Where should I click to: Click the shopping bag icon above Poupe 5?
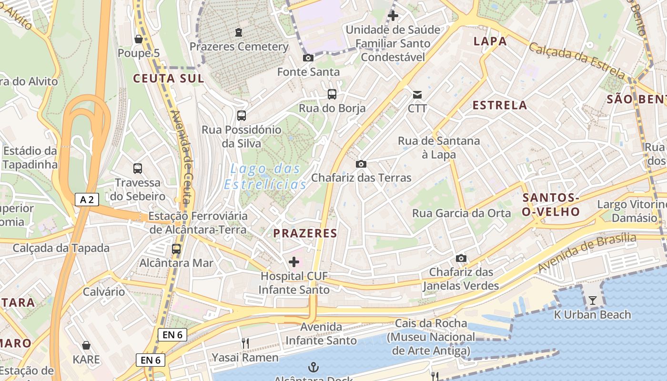point(139,39)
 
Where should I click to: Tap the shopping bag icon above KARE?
point(86,345)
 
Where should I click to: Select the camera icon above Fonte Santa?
point(308,58)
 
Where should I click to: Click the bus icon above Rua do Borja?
point(332,94)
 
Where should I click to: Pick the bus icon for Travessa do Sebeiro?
point(138,168)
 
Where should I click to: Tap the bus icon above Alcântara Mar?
point(176,249)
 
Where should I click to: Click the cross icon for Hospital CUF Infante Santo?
point(294,261)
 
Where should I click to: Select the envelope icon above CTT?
point(417,94)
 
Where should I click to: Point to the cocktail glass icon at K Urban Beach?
point(592,300)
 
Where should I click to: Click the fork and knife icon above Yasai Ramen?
point(245,343)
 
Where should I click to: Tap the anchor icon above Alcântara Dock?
point(313,367)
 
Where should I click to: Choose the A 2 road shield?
point(87,200)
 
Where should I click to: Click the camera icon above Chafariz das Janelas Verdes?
point(461,258)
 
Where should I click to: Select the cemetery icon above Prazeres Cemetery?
point(239,32)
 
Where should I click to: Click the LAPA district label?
point(490,41)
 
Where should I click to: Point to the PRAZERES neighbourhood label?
point(305,233)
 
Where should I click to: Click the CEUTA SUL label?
point(168,79)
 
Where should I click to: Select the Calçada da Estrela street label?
point(576,60)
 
